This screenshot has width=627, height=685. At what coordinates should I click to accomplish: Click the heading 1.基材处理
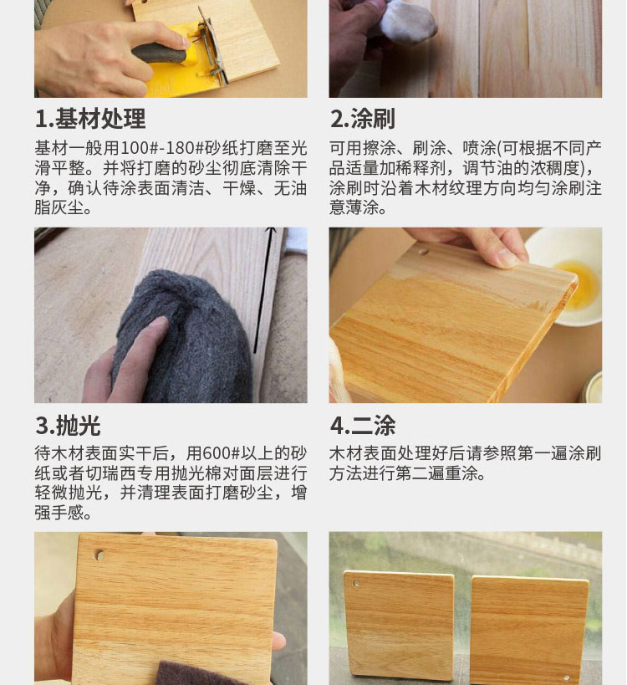coord(90,119)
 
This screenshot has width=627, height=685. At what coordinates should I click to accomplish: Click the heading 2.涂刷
coord(362,119)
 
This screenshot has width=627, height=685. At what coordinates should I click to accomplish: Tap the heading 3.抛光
coord(68,425)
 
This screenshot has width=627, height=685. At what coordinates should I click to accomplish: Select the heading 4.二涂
coord(362,425)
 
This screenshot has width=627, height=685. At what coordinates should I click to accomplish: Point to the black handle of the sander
coord(160,54)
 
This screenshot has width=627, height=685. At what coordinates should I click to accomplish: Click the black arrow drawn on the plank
coord(264,289)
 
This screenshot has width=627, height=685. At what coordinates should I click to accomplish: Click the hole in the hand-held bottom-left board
coord(99,555)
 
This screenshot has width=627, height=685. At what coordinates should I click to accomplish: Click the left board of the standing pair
coord(399,627)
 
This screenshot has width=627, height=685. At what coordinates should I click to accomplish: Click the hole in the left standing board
coord(356,584)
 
